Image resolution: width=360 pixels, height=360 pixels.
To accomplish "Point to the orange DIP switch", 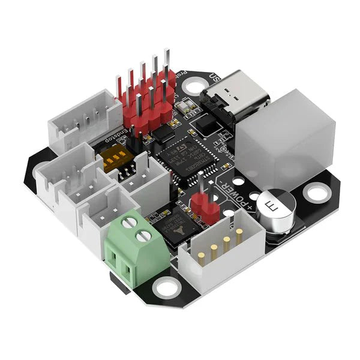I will click(x=117, y=159).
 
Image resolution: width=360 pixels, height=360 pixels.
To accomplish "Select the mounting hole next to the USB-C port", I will click(x=194, y=87).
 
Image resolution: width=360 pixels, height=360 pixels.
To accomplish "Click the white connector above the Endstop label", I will click(x=84, y=120).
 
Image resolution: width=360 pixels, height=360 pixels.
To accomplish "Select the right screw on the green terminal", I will click(x=143, y=236).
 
